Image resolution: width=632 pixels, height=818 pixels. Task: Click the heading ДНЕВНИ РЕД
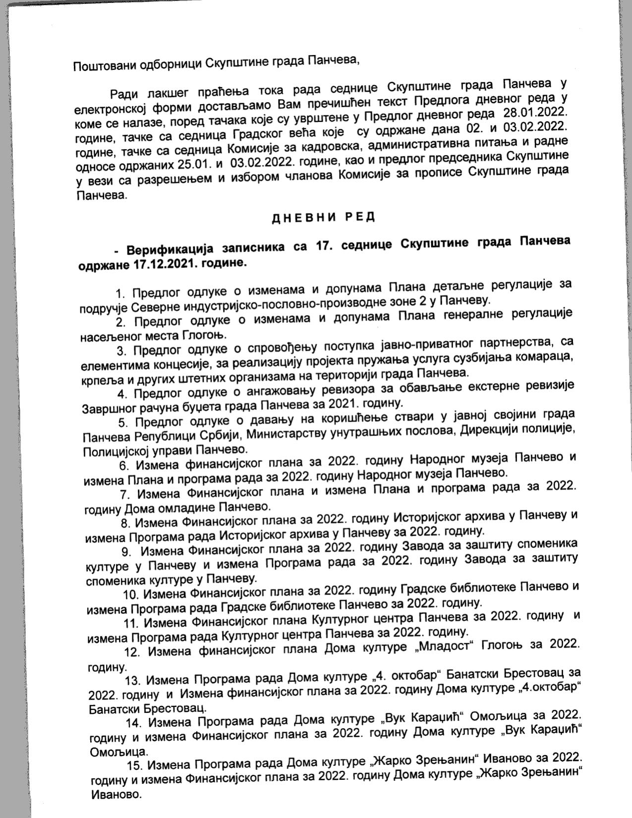point(323,217)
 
